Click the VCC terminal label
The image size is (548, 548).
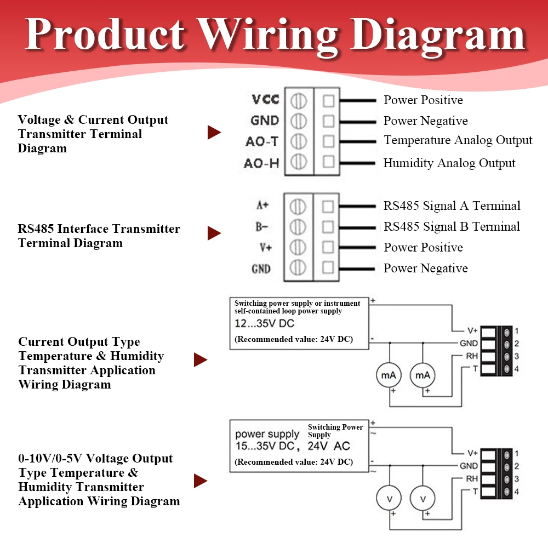click(265, 99)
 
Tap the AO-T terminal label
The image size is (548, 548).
click(262, 141)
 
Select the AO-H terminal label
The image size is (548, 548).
click(261, 163)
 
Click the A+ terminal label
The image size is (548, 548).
click(262, 205)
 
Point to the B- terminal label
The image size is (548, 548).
click(261, 227)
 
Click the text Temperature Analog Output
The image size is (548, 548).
click(458, 140)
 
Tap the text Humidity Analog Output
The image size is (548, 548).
click(449, 163)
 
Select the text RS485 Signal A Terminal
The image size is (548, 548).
click(452, 206)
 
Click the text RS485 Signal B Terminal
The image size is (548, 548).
click(452, 226)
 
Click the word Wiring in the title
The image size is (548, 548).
click(268, 35)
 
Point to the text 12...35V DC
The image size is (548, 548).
click(264, 323)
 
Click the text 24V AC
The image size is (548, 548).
click(328, 446)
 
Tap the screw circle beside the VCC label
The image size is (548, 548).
click(299, 101)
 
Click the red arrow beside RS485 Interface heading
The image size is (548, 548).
click(214, 233)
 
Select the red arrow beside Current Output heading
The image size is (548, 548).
click(201, 359)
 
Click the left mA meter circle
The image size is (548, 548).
click(389, 375)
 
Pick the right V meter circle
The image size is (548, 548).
click(423, 499)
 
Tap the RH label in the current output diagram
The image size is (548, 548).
click(472, 356)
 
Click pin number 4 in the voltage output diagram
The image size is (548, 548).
click(517, 492)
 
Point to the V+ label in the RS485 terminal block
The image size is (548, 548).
click(266, 248)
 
